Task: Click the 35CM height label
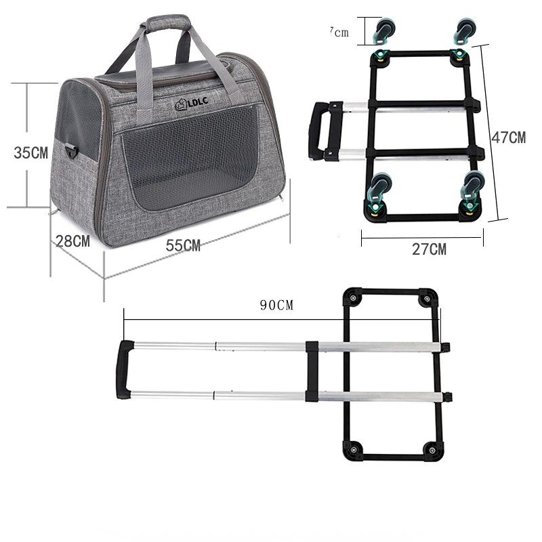click(x=31, y=153)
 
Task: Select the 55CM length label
click(x=184, y=246)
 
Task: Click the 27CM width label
click(x=430, y=249)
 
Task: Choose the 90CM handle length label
click(x=277, y=305)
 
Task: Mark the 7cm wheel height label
click(x=339, y=32)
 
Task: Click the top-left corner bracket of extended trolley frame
click(x=353, y=299)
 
